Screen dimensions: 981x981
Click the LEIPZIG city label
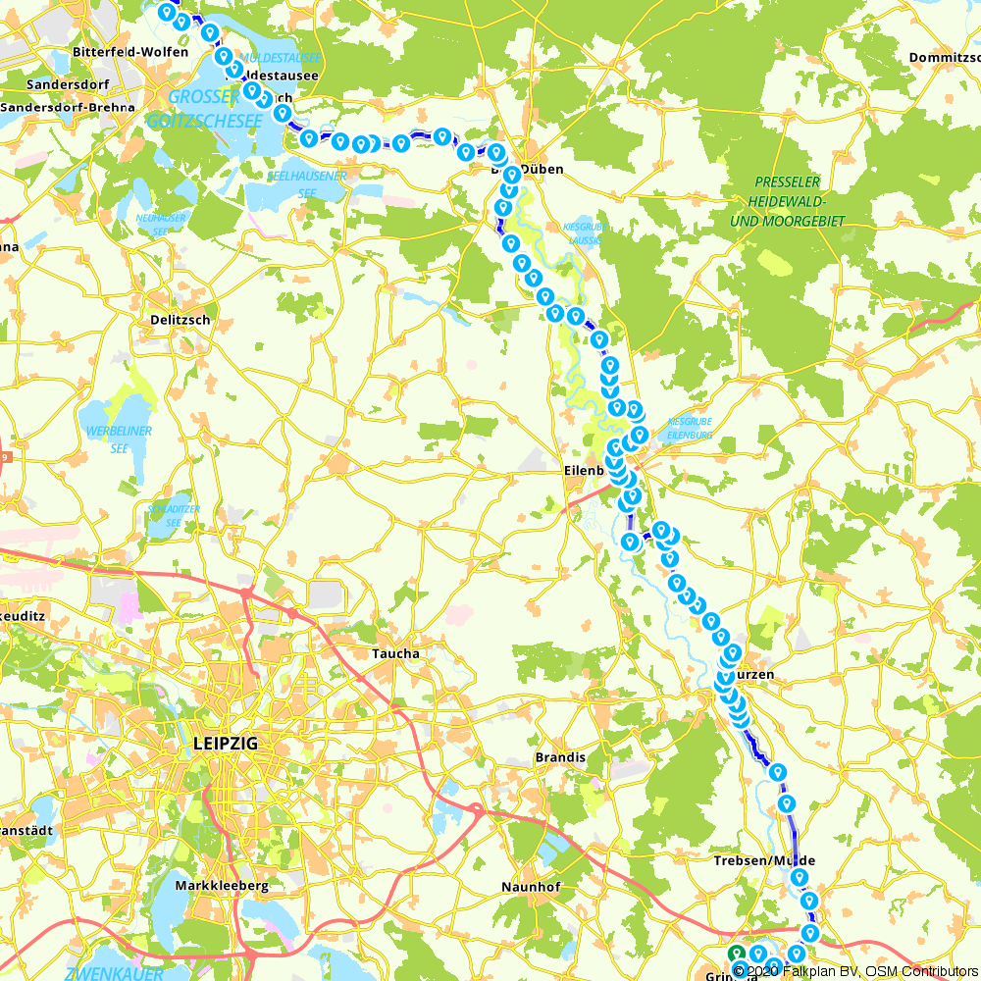click(x=226, y=745)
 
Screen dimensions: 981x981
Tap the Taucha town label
click(x=395, y=653)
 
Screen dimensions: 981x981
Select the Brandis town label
click(x=560, y=757)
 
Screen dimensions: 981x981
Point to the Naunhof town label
click(x=530, y=886)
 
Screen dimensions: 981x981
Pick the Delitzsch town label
click(x=181, y=320)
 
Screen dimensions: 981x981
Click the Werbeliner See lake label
click(x=119, y=439)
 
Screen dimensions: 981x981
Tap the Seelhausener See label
click(x=307, y=184)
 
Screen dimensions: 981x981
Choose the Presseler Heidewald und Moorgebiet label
click(x=787, y=202)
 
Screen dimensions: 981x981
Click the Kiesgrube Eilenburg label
click(x=689, y=428)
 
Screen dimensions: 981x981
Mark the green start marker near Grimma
click(x=736, y=953)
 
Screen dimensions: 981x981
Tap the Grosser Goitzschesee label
click(x=203, y=109)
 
